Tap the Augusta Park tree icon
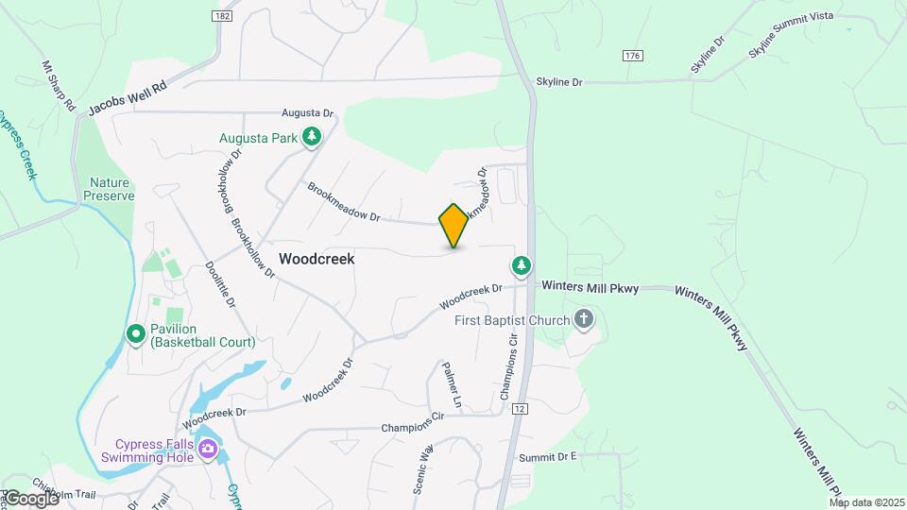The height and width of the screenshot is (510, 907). [x=311, y=138]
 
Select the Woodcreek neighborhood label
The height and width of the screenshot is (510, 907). [x=317, y=258]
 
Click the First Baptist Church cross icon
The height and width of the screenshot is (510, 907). [x=584, y=320]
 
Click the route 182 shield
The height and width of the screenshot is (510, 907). [x=222, y=16]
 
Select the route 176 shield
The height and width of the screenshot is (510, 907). [x=633, y=57]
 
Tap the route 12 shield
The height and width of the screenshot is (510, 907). [x=521, y=409]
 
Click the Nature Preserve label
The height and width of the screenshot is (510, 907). [x=112, y=189]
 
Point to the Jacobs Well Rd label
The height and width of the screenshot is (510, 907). [x=128, y=98]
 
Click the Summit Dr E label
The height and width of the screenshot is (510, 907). [x=547, y=457]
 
